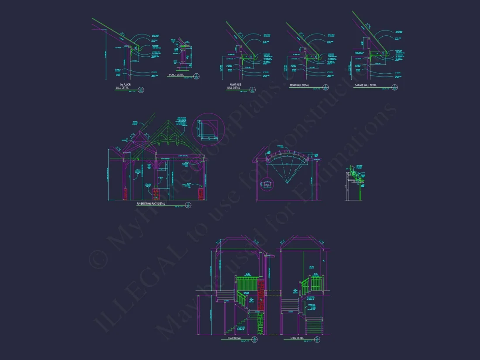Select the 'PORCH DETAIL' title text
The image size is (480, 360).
coord(177,75)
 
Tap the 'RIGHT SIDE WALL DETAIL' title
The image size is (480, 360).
coord(234,86)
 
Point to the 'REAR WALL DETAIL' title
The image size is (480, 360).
coord(299,85)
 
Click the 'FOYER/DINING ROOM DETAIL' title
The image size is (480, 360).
coord(151,203)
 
